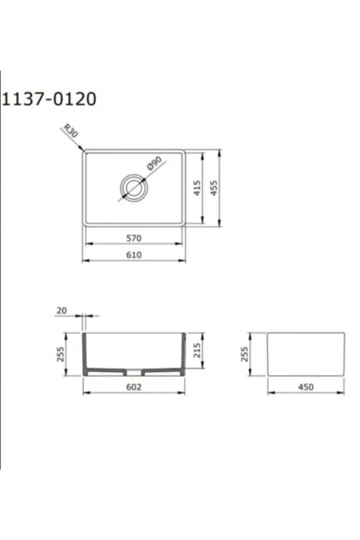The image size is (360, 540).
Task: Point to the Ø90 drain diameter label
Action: point(154,167)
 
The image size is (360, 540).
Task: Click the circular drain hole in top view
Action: point(132,190)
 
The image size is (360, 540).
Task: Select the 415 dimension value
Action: point(198,189)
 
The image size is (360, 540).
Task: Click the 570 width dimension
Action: point(133,237)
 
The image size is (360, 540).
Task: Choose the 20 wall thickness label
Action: point(62,311)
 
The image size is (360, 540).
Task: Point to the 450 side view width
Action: point(305,387)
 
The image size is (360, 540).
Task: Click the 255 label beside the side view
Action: point(245,353)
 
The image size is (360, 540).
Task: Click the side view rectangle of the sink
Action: point(305,353)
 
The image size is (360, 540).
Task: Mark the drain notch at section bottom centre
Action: point(134,373)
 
